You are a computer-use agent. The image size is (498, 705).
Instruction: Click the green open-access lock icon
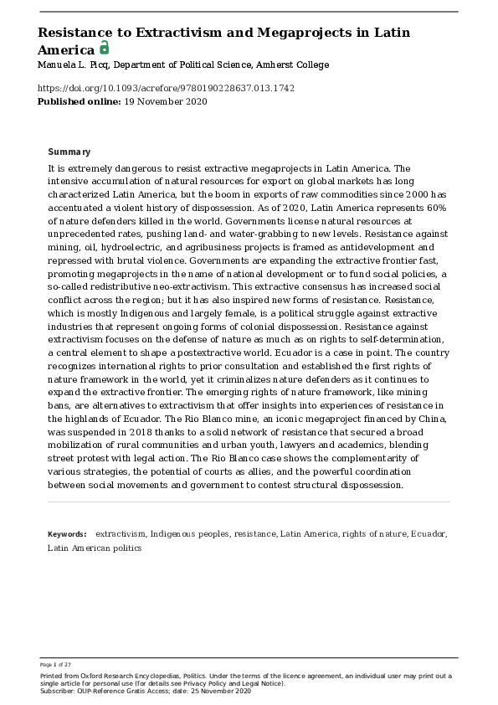point(105,48)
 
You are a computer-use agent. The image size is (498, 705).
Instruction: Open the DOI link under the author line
point(166,88)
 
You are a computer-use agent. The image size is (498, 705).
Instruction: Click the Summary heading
point(69,152)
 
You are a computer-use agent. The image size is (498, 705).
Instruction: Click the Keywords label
point(67,533)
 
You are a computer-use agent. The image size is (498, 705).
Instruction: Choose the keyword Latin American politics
point(95,548)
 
